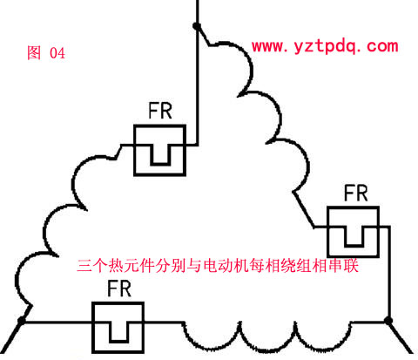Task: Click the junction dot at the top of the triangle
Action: tap(197, 26)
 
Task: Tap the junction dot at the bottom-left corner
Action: tap(22, 321)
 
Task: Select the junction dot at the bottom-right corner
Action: tap(388, 321)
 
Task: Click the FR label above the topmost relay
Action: tap(160, 111)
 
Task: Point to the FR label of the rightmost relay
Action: tap(356, 193)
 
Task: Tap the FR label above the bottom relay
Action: tap(119, 289)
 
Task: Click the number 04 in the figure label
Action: tap(57, 53)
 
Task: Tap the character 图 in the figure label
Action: tap(34, 53)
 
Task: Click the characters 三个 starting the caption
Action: tap(92, 265)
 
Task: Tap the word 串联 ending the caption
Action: tap(344, 265)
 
